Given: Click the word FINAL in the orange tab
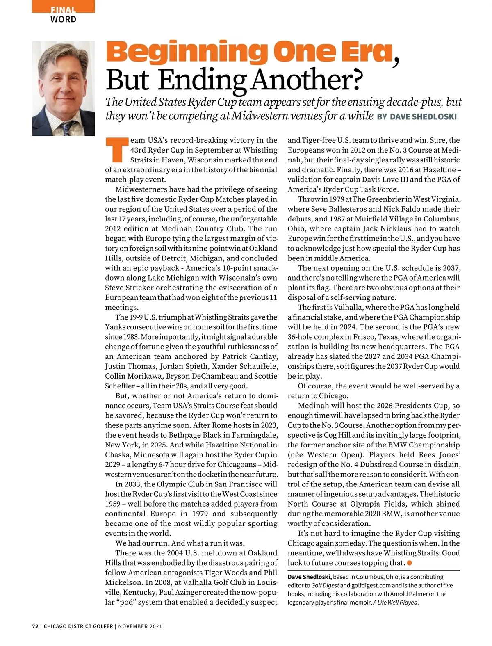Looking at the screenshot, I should (63, 10).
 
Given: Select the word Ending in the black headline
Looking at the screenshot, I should (203, 80).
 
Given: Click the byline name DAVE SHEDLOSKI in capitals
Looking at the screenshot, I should (423, 117).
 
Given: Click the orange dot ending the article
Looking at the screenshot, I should (409, 563).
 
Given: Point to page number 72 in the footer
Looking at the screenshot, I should (35, 626).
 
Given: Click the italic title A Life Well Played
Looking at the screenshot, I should (395, 603).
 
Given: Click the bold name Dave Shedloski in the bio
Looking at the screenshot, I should (309, 577).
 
